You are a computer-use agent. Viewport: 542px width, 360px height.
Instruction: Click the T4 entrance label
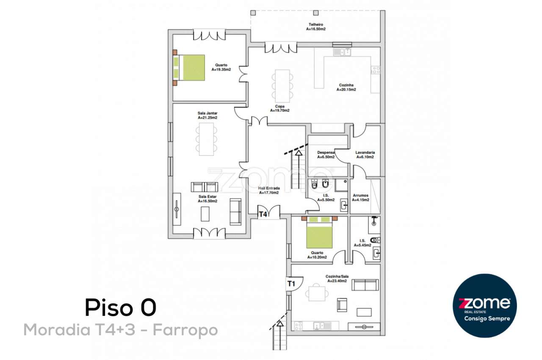(263, 214)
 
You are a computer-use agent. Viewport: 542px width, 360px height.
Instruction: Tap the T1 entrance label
(290, 284)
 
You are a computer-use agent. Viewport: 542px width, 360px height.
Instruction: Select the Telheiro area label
(316, 27)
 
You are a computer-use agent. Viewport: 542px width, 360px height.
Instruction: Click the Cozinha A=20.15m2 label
(346, 87)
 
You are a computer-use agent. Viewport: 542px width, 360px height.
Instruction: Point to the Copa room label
(279, 108)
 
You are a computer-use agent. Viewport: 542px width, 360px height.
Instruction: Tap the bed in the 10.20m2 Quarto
(319, 233)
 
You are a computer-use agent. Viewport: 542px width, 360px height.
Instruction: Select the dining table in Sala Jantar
(206, 139)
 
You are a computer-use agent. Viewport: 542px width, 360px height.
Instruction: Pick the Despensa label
(326, 155)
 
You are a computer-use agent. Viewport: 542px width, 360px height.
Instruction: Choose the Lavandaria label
(365, 155)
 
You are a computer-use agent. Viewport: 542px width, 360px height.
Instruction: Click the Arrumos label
(360, 198)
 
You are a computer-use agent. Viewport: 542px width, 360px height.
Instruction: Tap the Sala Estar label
(207, 199)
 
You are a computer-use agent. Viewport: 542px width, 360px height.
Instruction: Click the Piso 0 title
(121, 307)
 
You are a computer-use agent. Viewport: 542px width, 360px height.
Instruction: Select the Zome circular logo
(485, 305)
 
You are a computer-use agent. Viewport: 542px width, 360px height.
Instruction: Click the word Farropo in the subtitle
(185, 330)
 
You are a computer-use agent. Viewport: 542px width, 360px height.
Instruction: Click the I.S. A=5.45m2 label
(362, 243)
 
